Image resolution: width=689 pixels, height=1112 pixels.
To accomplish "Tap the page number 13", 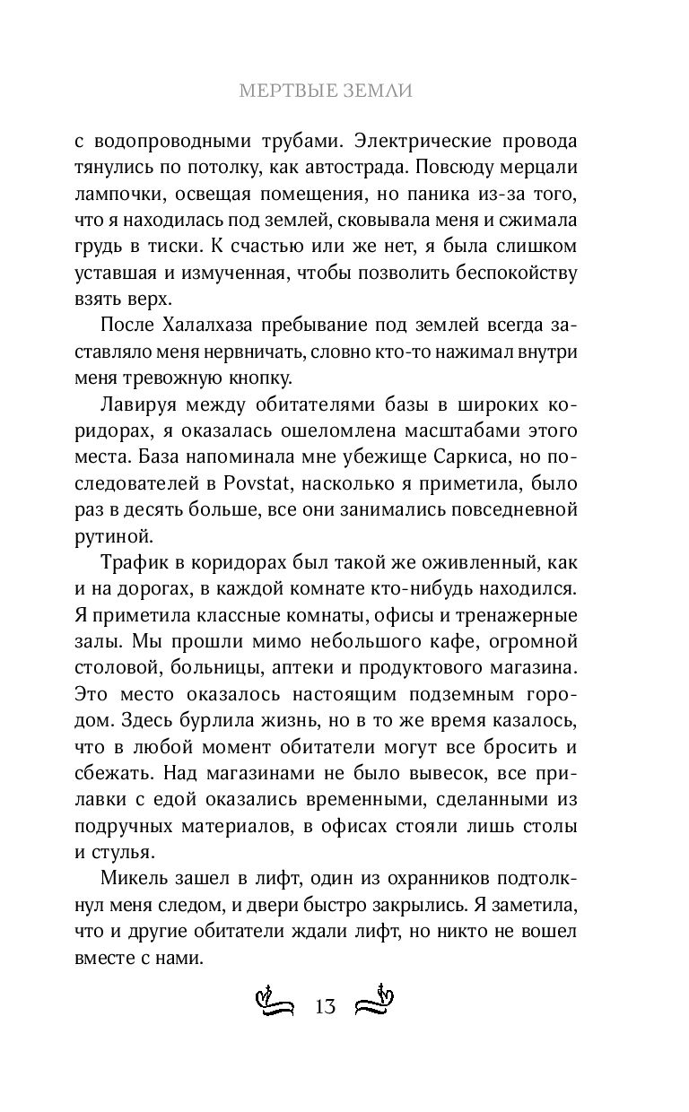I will click(325, 1006).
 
